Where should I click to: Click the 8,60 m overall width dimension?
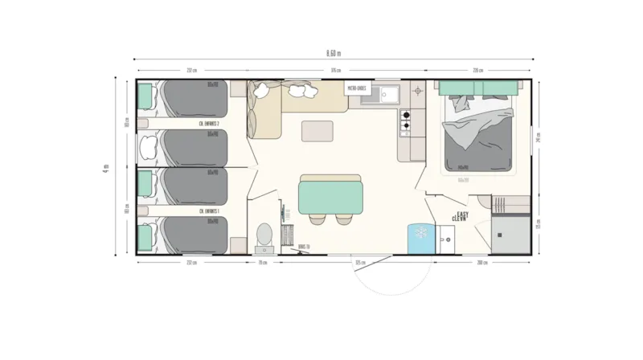[334, 53]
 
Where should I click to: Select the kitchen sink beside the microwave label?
[384, 95]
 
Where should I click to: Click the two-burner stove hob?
[406, 120]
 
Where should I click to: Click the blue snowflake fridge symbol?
[419, 234]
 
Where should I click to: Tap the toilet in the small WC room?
[264, 234]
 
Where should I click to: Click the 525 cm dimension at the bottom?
[359, 263]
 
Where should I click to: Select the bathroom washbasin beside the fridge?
[448, 238]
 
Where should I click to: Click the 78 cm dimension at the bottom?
[262, 263]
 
